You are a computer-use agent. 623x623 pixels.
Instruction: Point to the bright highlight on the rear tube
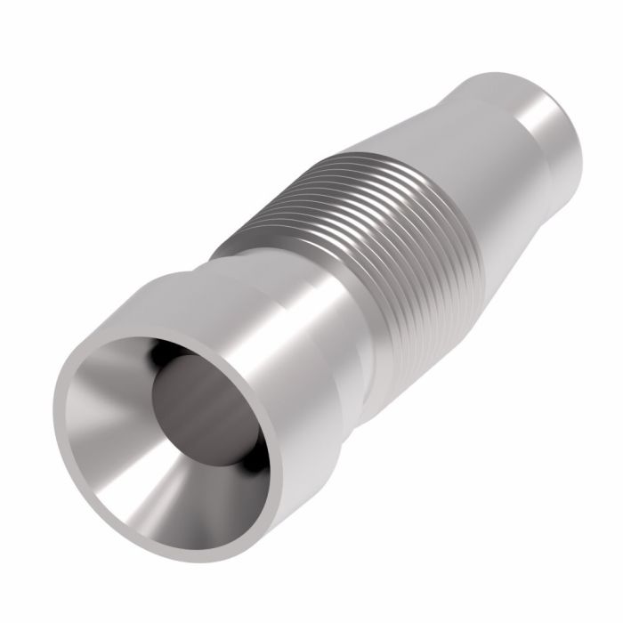(534, 125)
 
